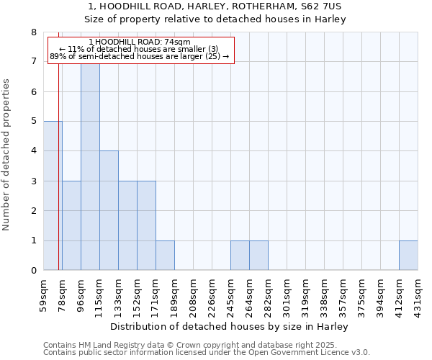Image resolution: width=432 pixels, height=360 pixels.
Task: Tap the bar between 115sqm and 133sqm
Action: click(109, 210)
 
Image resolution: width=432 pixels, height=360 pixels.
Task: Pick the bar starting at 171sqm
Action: click(165, 256)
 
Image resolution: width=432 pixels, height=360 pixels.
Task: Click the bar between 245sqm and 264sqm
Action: click(240, 256)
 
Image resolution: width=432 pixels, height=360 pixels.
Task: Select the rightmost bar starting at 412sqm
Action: click(408, 256)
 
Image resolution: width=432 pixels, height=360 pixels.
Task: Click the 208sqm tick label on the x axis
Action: click(193, 296)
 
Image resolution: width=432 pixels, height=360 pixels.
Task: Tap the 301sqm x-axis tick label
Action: click(287, 296)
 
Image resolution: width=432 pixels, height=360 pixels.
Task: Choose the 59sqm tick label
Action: click(43, 296)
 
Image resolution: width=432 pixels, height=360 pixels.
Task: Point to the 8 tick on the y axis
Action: click(33, 32)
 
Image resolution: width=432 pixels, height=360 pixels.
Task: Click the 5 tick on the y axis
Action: click(33, 122)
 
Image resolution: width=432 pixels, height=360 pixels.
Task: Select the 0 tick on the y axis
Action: click(33, 271)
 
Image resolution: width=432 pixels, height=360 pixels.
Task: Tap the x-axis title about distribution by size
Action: click(230, 326)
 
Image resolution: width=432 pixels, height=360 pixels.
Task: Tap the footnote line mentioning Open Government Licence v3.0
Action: click(207, 353)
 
